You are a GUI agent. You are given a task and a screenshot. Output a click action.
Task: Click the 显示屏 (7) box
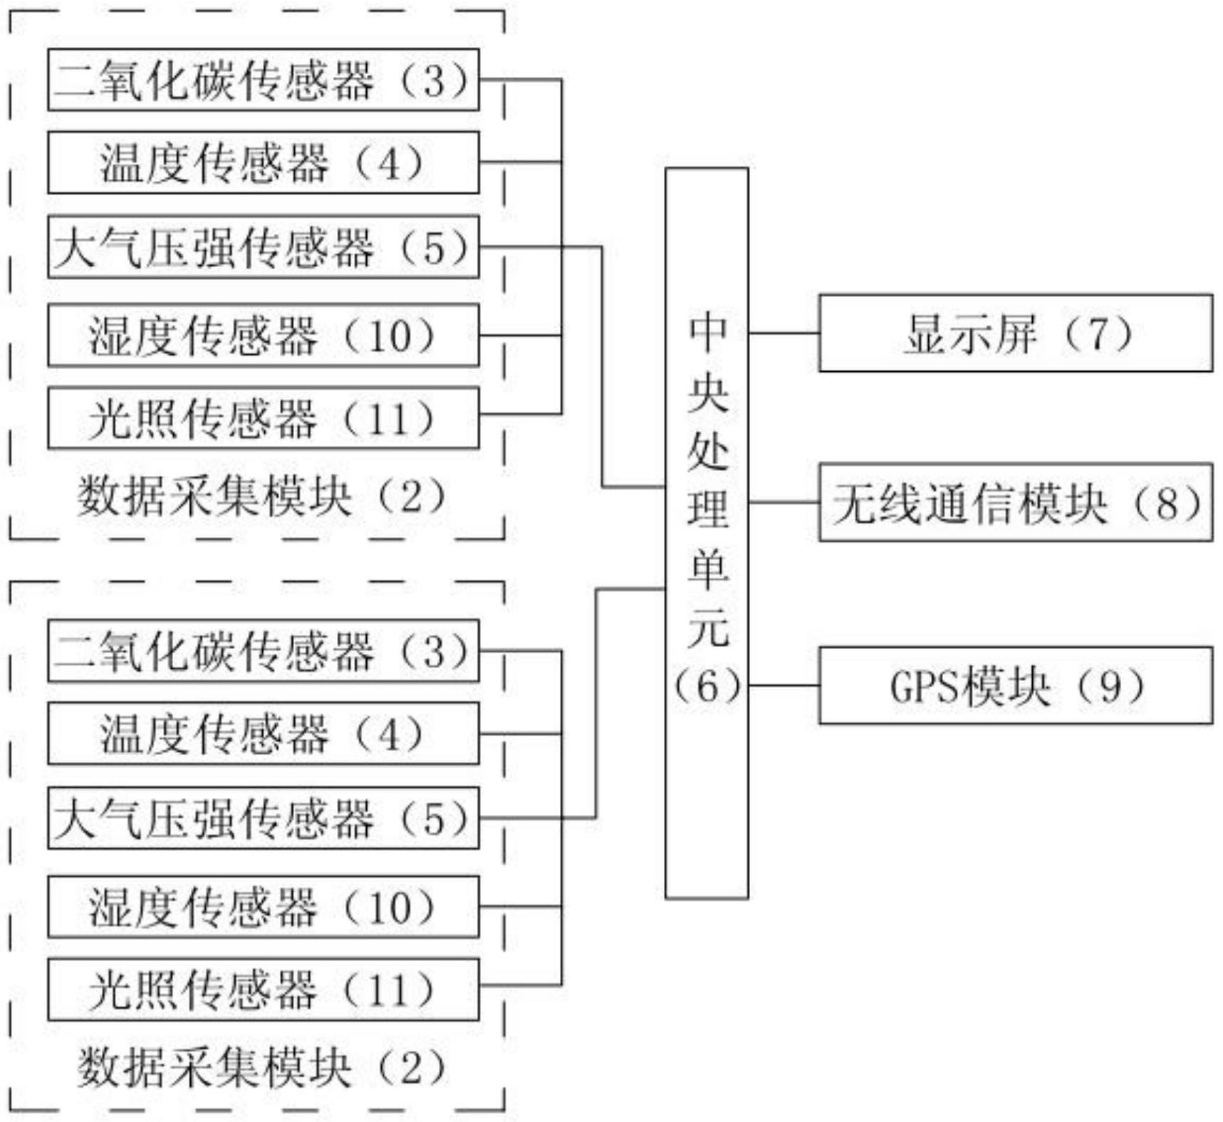(x=1015, y=333)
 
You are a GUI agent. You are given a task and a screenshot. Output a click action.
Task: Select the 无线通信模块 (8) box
(x=1015, y=502)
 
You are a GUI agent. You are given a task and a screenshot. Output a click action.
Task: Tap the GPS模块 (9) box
(x=1015, y=685)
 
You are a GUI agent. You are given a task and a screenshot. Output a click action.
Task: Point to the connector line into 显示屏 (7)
(x=784, y=333)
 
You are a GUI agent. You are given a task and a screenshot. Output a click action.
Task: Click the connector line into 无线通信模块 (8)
(x=784, y=502)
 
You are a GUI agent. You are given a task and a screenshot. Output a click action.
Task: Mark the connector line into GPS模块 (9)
(x=784, y=685)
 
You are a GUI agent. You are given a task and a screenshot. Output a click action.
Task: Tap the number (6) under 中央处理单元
(x=707, y=687)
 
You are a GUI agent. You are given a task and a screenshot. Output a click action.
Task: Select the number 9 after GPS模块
(x=1111, y=687)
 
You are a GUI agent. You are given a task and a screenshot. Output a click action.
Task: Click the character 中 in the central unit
(x=707, y=331)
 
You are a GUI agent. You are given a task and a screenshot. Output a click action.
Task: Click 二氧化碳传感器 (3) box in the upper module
(x=263, y=80)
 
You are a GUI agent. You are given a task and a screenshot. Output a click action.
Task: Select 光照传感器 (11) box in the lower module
(x=263, y=989)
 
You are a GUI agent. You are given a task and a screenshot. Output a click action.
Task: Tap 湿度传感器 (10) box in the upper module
(x=263, y=335)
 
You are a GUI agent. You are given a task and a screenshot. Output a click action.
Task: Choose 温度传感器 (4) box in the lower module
(x=263, y=733)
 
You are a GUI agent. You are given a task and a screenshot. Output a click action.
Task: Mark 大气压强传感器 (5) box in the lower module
(x=263, y=818)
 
